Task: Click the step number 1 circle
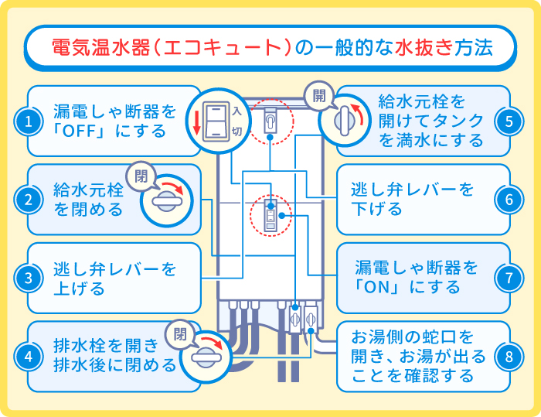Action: coord(28,121)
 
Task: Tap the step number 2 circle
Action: coord(28,200)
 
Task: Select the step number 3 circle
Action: coord(28,278)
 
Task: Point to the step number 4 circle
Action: coord(28,356)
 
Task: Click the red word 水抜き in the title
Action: coord(421,47)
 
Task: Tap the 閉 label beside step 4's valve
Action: coord(181,334)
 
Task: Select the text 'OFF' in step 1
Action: coord(83,131)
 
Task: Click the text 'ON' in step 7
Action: coord(381,287)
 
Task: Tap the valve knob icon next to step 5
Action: coord(345,121)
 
